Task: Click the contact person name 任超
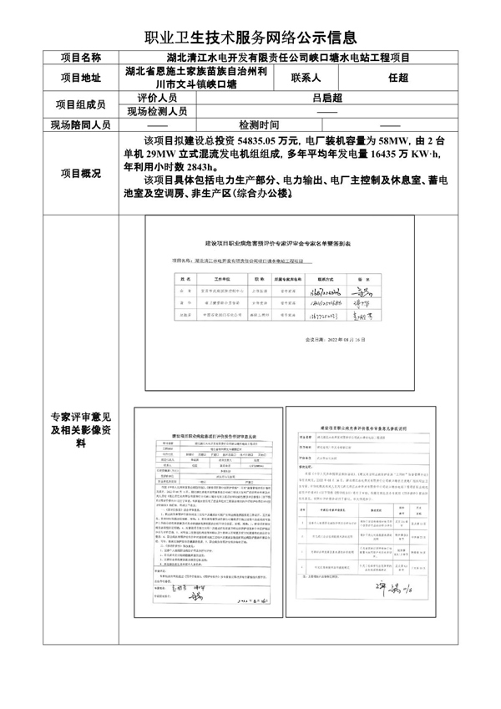pos(398,78)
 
